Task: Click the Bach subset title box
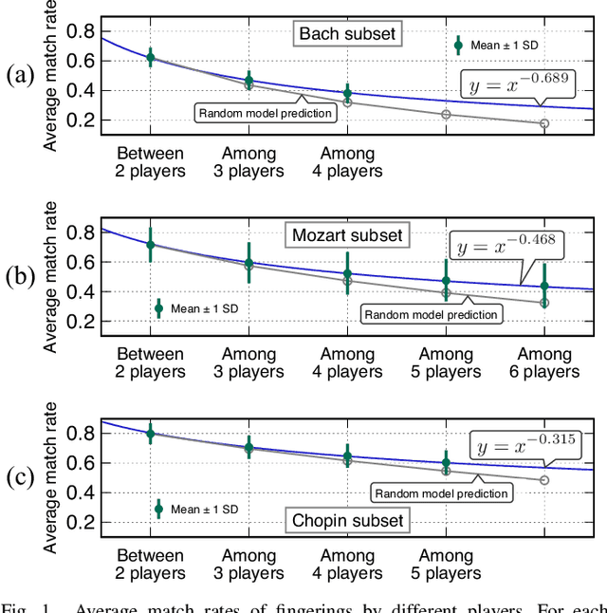[347, 35]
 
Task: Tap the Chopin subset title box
[347, 519]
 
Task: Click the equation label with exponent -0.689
[517, 86]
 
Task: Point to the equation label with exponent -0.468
[506, 246]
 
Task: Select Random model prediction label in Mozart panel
[431, 314]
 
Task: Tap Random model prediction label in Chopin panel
[441, 492]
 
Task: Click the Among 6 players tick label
[544, 362]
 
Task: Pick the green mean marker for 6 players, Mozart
[544, 286]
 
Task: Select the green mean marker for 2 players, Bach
[150, 57]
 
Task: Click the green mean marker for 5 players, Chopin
[446, 462]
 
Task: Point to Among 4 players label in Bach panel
[347, 162]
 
